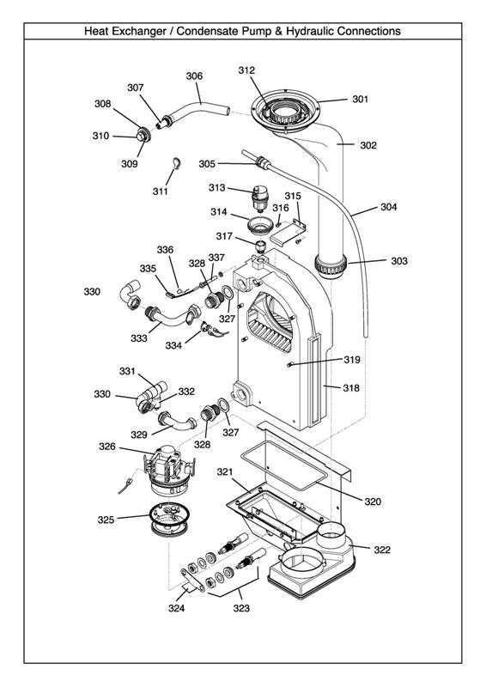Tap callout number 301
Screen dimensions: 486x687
361,99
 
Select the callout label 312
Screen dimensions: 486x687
246,70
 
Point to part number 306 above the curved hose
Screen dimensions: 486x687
194,76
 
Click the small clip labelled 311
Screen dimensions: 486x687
177,163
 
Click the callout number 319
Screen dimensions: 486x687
352,359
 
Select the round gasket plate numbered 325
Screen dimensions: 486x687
169,520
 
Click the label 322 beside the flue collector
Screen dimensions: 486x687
382,550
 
